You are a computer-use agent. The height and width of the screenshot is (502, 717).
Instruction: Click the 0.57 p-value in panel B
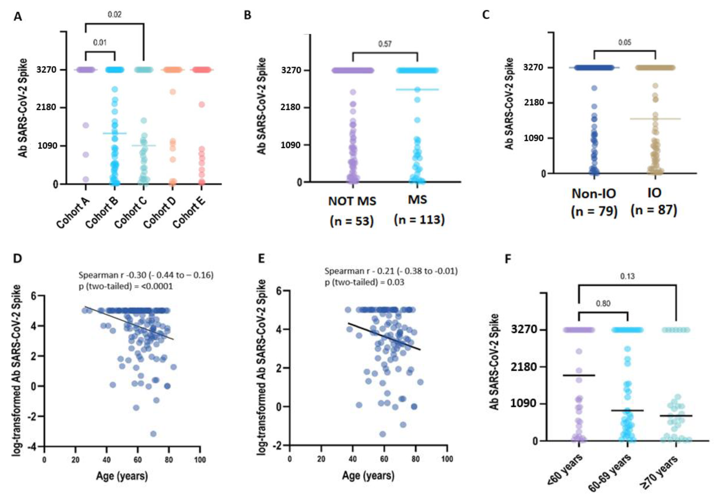click(x=385, y=44)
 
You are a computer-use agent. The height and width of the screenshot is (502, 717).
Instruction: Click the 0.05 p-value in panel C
click(x=625, y=43)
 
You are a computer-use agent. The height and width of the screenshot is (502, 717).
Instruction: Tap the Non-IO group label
click(x=594, y=194)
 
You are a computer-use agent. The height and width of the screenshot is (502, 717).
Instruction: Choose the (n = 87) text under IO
click(x=654, y=210)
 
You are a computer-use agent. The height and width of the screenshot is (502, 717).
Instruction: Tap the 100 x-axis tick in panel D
click(x=200, y=460)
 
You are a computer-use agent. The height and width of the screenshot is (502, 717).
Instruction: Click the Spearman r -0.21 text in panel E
click(x=391, y=271)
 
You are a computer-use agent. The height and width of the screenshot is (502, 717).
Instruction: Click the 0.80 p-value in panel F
click(x=603, y=303)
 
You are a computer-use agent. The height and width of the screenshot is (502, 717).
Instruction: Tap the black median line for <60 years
click(x=579, y=375)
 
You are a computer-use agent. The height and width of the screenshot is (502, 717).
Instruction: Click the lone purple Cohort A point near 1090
click(x=85, y=155)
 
